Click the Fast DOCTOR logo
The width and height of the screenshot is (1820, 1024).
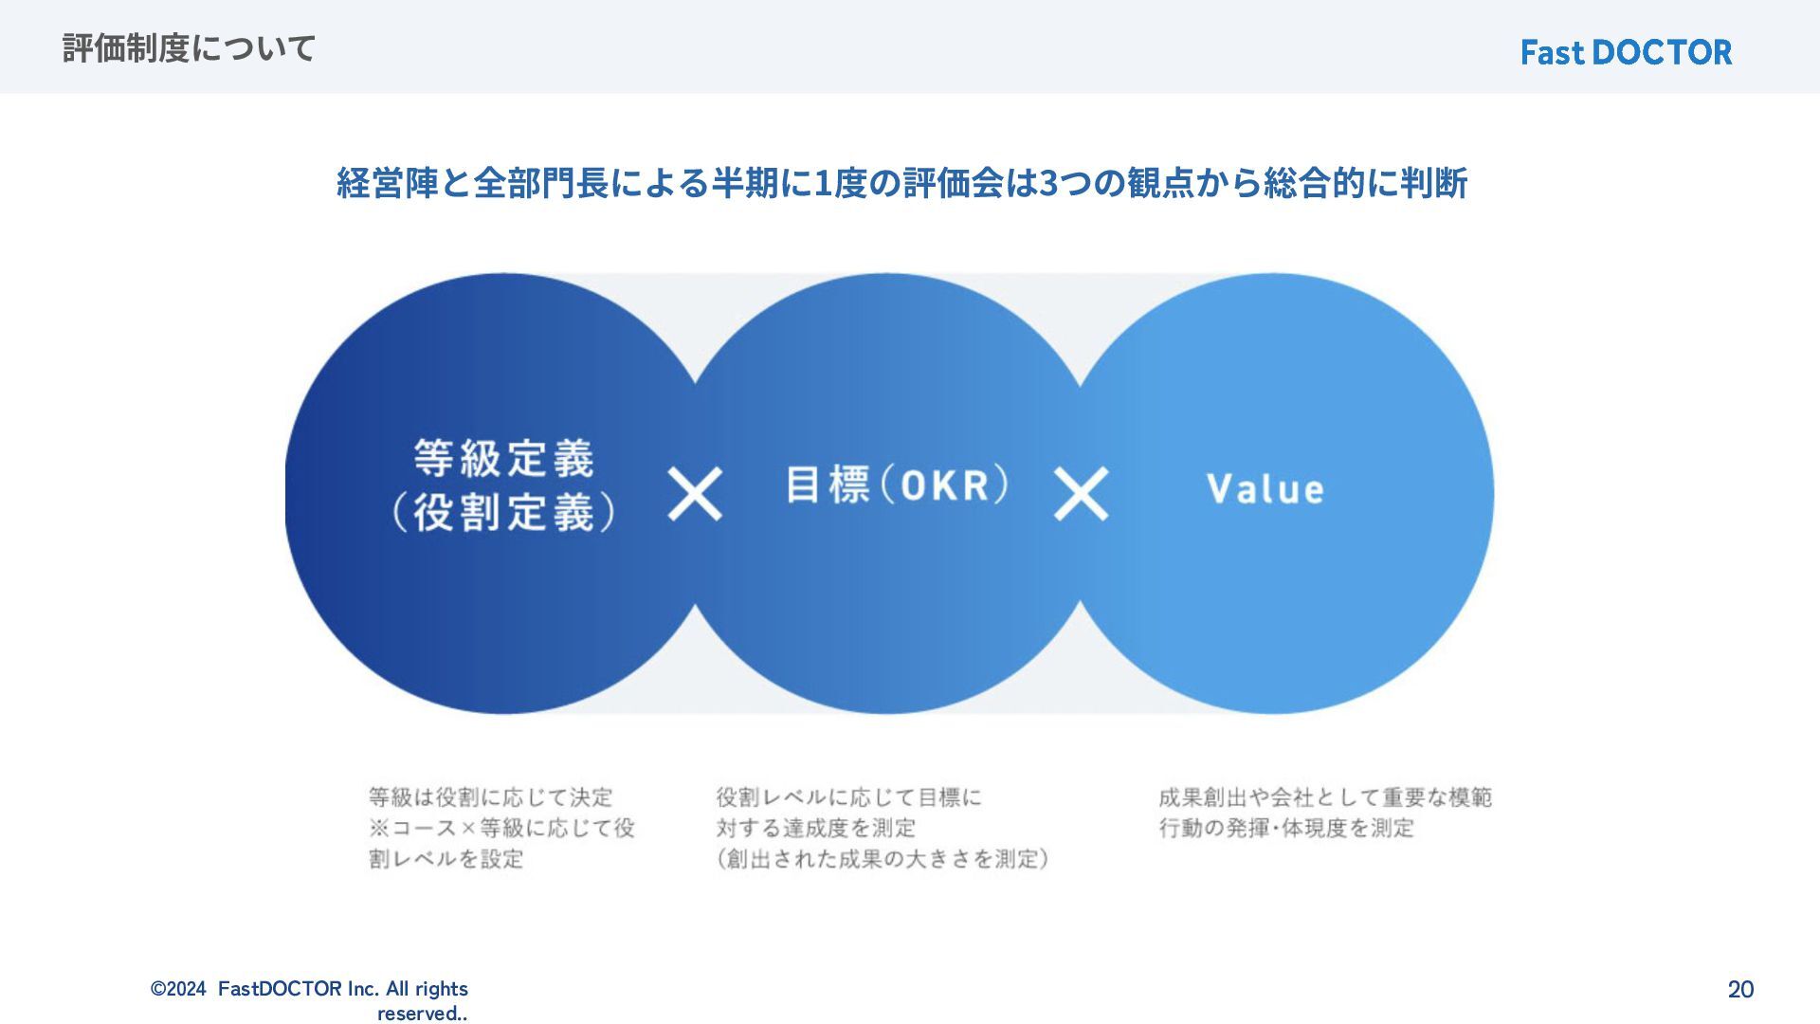pos(1626,52)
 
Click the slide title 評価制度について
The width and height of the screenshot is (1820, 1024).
pos(189,47)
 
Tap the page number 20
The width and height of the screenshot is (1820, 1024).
pos(1740,989)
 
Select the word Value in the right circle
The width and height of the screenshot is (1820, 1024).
pos(1265,489)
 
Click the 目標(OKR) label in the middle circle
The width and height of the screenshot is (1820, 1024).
pos(897,485)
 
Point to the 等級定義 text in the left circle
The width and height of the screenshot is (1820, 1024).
pos(504,459)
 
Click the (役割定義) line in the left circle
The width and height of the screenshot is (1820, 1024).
pos(504,513)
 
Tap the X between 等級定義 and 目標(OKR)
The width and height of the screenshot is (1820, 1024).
pos(695,493)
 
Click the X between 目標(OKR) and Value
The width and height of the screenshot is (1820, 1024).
pos(1081,493)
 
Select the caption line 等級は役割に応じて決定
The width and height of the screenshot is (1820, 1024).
pos(491,796)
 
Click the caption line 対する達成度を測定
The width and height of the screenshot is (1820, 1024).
pos(816,828)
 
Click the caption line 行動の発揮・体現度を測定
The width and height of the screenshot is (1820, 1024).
pos(1286,828)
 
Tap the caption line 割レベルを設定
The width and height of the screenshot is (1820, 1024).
pos(446,859)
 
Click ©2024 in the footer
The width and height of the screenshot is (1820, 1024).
pos(178,989)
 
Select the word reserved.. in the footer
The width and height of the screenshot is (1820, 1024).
pos(422,1014)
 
